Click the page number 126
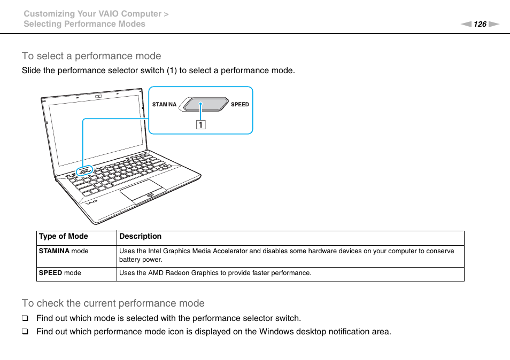pos(480,24)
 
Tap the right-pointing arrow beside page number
pos(493,24)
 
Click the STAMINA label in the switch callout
pos(164,105)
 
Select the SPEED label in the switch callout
pos(239,105)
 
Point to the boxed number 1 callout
pos(200,126)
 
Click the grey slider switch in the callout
pos(203,104)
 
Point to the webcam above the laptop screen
pos(98,97)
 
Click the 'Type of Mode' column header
pos(64,237)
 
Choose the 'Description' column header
pos(140,237)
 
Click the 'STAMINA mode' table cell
pos(64,251)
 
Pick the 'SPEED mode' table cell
pos(60,273)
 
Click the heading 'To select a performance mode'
pos(91,56)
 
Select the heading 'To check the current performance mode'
pos(113,303)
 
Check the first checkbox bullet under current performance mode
pos(25,318)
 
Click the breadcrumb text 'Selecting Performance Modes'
pos(84,24)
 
